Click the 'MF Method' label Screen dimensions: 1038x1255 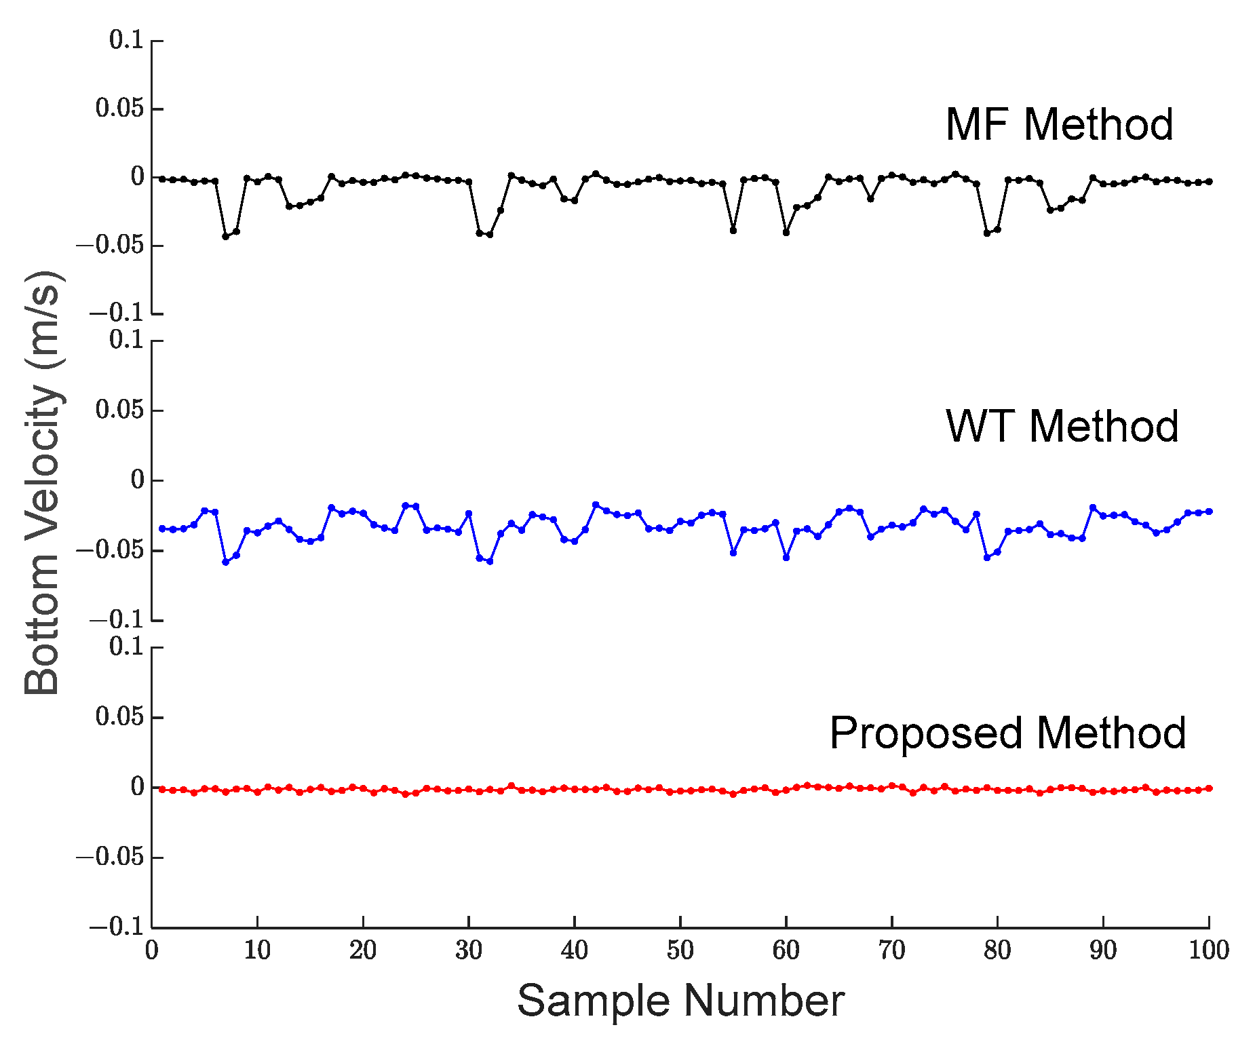(x=1059, y=125)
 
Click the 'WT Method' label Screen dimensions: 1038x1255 (x=1062, y=427)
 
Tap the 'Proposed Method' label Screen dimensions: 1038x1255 (x=1007, y=733)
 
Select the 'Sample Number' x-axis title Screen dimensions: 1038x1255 (x=680, y=1001)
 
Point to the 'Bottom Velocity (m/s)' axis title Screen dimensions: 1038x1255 (x=42, y=483)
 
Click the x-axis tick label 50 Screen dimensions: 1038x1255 (x=680, y=950)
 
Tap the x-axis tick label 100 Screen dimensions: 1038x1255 (x=1208, y=950)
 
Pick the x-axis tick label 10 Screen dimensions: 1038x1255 (x=257, y=950)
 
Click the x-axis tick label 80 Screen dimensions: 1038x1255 (x=997, y=950)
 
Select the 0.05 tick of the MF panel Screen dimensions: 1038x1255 (x=120, y=109)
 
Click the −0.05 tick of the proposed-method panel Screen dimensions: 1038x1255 (x=111, y=857)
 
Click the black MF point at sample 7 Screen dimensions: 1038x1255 (x=226, y=237)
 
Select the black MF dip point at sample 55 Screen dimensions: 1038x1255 (x=733, y=231)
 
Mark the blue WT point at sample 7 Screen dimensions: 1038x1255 (x=226, y=562)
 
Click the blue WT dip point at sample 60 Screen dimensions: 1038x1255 (x=786, y=557)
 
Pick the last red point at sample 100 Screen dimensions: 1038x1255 (x=1209, y=788)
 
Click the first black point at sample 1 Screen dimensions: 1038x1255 (x=162, y=178)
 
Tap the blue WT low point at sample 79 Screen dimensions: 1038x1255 (x=987, y=557)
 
